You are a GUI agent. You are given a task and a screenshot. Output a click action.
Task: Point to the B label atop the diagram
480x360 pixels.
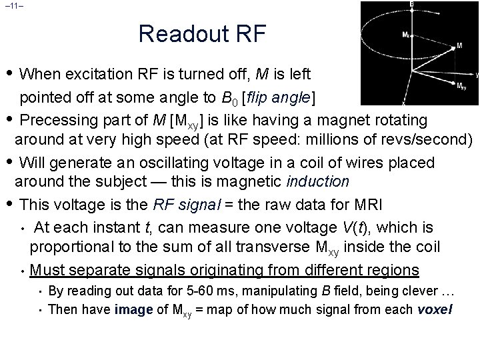(x=411, y=4)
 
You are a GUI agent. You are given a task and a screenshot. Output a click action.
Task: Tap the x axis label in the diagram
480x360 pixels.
(x=403, y=103)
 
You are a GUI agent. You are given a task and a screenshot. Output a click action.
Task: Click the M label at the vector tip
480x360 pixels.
(x=459, y=47)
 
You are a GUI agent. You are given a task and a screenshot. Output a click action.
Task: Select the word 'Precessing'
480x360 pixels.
(x=61, y=120)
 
